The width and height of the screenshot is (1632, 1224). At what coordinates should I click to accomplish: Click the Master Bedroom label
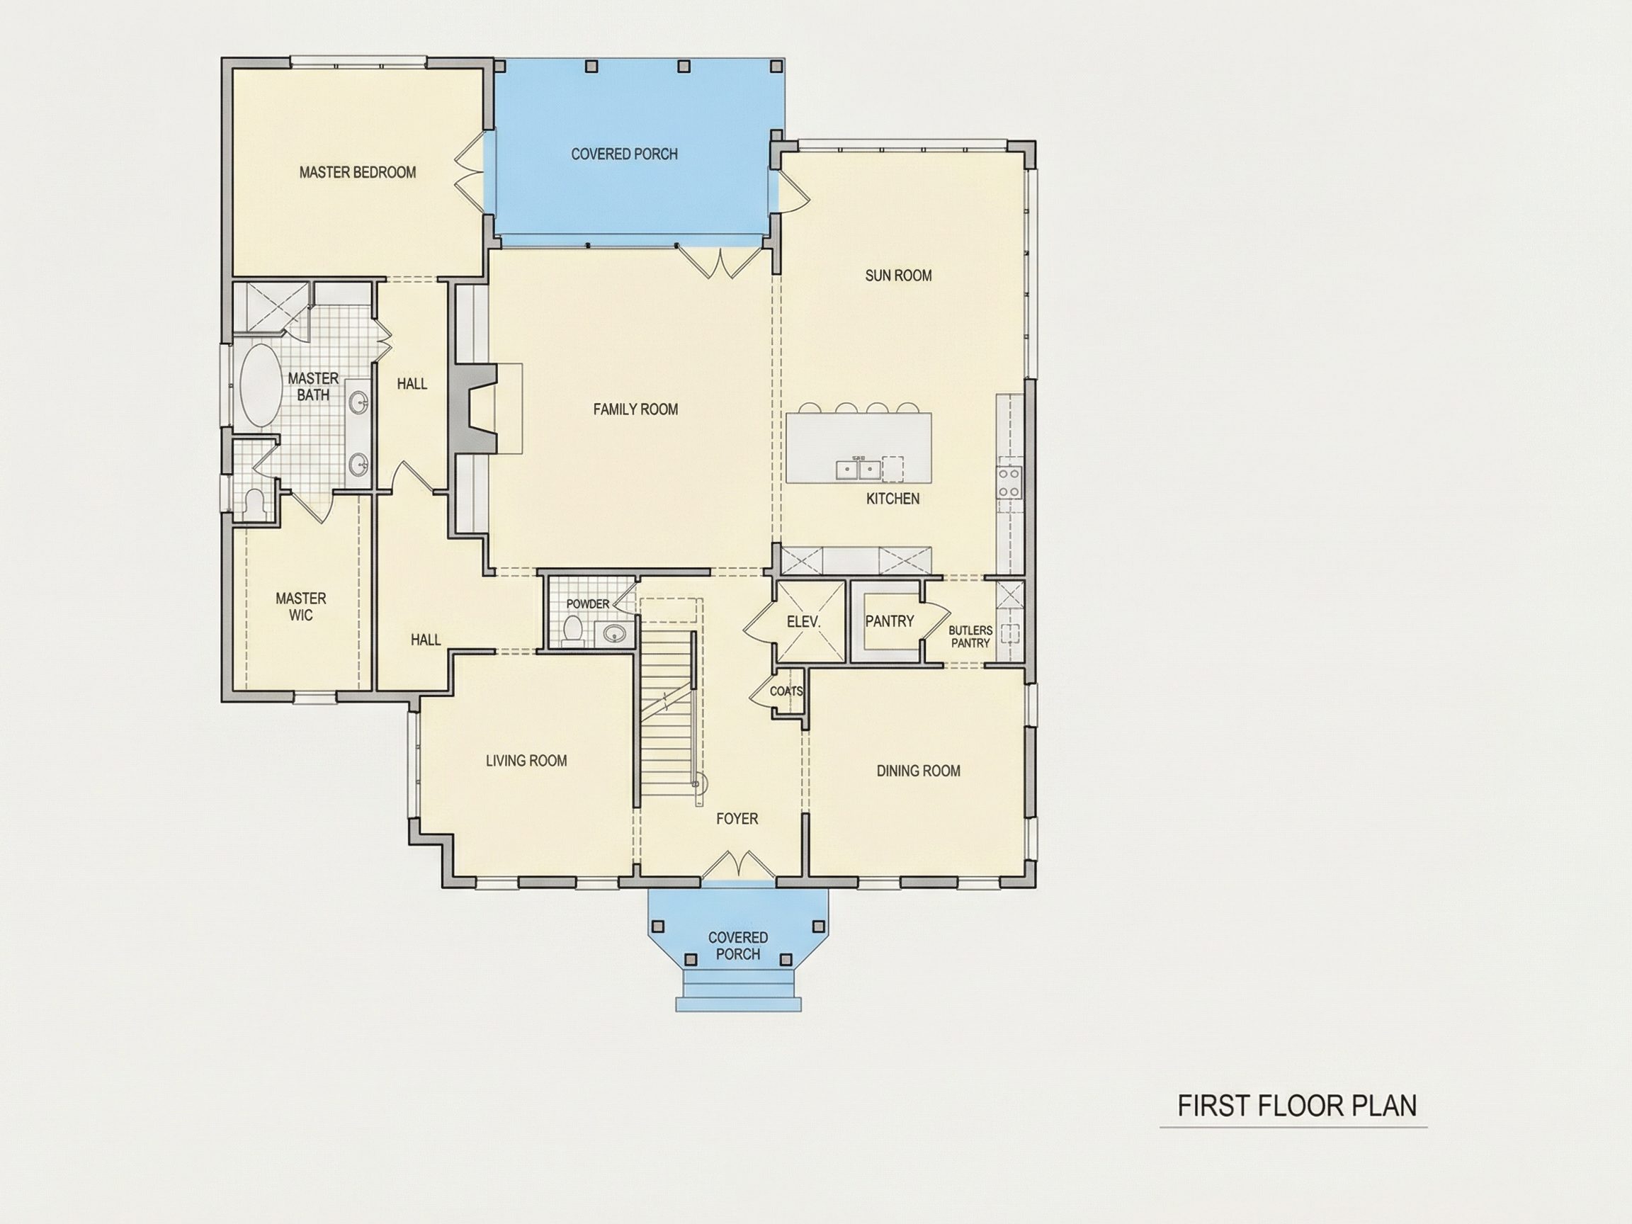coord(358,173)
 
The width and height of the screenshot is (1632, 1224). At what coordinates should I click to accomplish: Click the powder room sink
coord(614,633)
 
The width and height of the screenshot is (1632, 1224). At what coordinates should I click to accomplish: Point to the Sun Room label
coord(898,276)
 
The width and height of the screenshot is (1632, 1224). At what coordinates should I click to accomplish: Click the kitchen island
coord(858,448)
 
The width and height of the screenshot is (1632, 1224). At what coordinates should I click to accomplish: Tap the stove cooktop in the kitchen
coord(1009,481)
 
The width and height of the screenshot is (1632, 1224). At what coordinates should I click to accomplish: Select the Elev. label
coord(803,622)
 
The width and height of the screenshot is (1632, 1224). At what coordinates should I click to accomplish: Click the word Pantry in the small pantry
coord(890,621)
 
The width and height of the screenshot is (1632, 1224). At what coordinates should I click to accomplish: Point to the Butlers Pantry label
coord(970,637)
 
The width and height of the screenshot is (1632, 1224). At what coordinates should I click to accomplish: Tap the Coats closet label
coord(786,691)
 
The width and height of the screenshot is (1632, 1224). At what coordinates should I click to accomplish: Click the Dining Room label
coord(919,771)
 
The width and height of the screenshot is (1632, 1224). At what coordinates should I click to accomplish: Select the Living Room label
coord(526,761)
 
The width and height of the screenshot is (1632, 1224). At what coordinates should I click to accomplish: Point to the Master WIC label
coord(301,606)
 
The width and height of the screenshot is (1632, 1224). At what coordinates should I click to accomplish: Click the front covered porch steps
coord(739,992)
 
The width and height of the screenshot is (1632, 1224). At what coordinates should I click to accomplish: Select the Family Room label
coord(635,409)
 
